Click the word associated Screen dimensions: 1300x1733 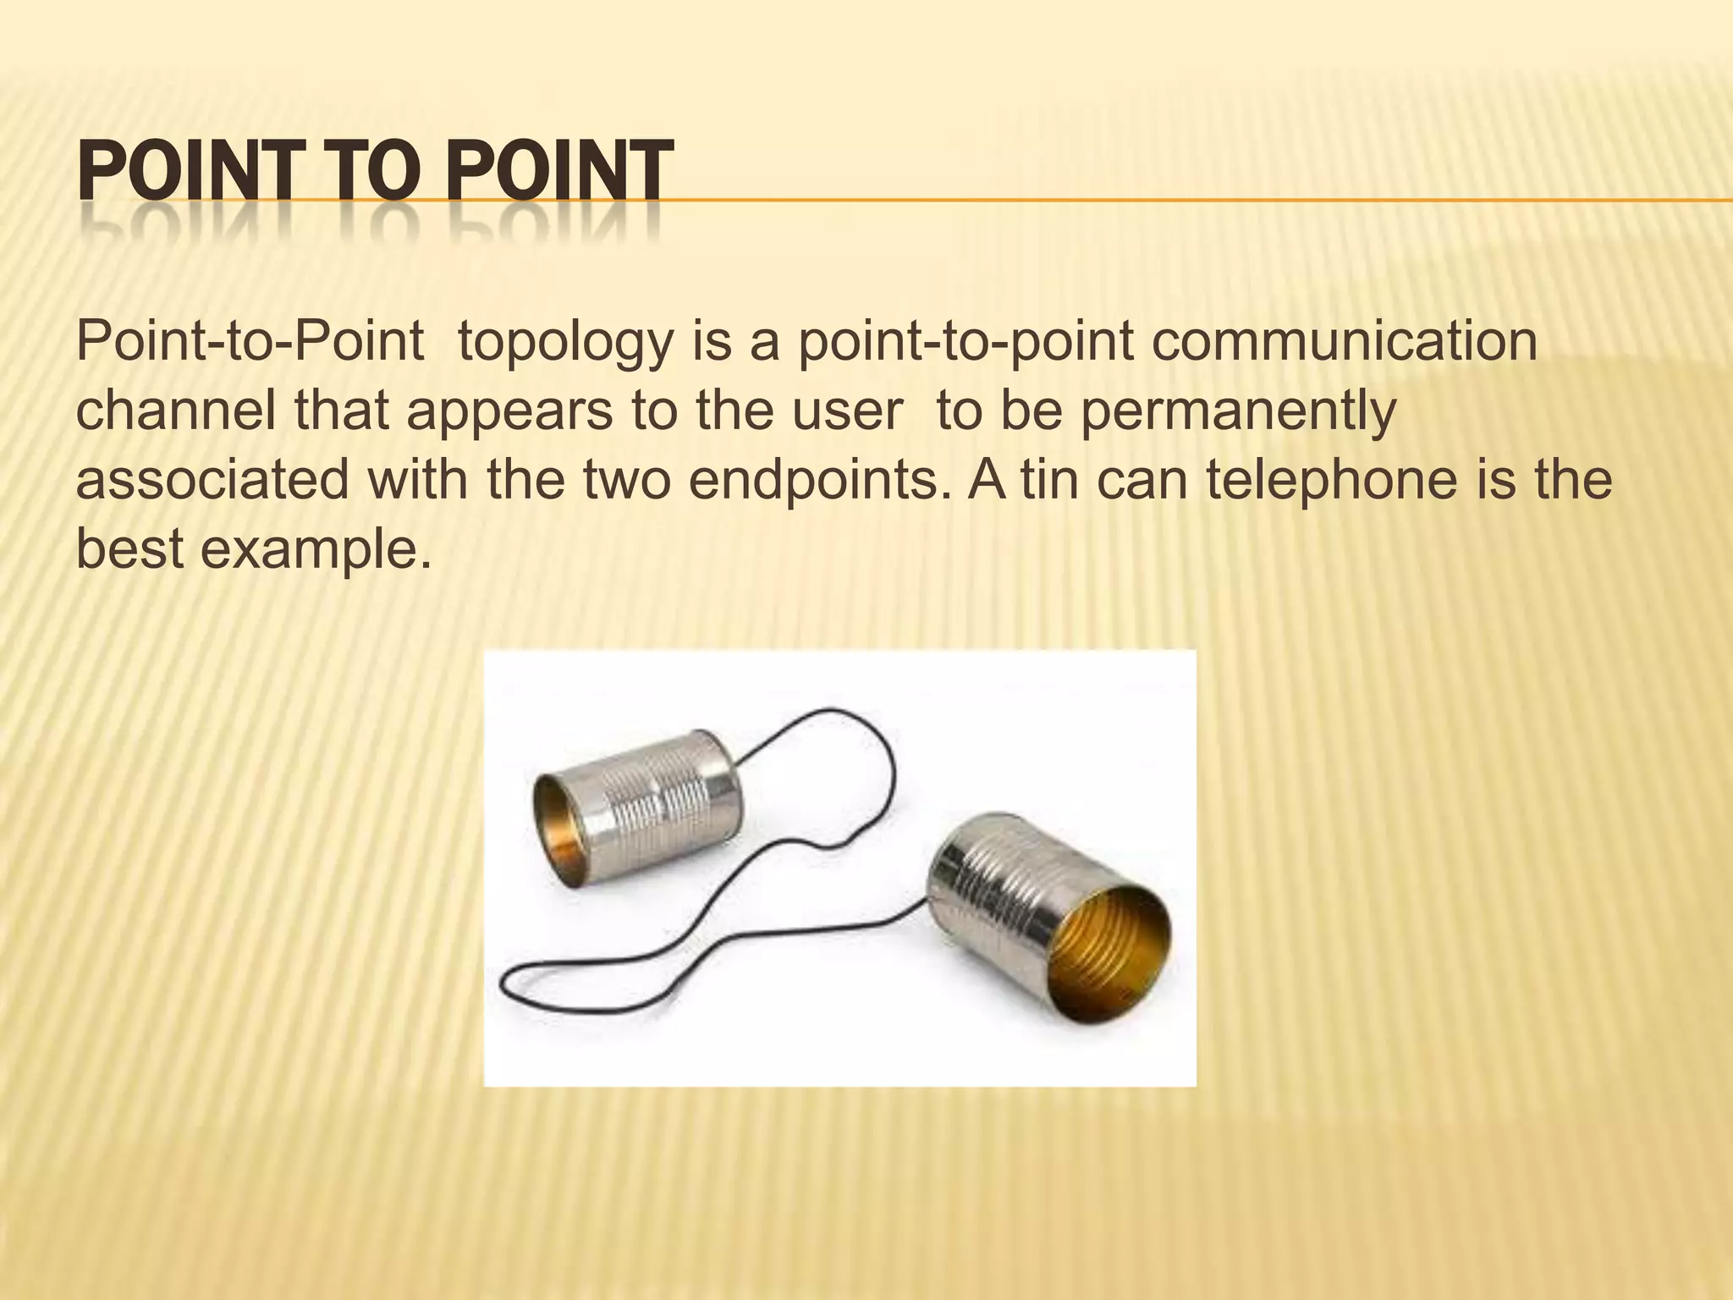coord(212,479)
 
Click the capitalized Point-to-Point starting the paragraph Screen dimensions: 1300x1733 coord(250,342)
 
